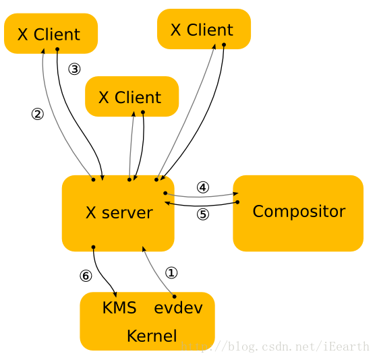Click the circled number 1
point(171,273)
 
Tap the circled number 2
point(38,114)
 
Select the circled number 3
point(74,69)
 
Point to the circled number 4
point(203,187)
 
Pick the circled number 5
point(203,214)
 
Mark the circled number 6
point(86,276)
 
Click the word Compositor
point(299,212)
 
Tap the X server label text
point(119,212)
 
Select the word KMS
point(119,307)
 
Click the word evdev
point(178,307)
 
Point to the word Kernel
point(152,336)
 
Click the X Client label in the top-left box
point(49,34)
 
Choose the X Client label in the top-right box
point(202,30)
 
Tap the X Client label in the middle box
point(130,97)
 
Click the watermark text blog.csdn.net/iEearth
point(274,347)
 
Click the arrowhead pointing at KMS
point(115,294)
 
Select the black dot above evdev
point(174,297)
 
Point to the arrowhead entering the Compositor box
point(235,193)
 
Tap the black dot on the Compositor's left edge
point(237,202)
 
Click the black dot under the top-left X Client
point(57,49)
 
